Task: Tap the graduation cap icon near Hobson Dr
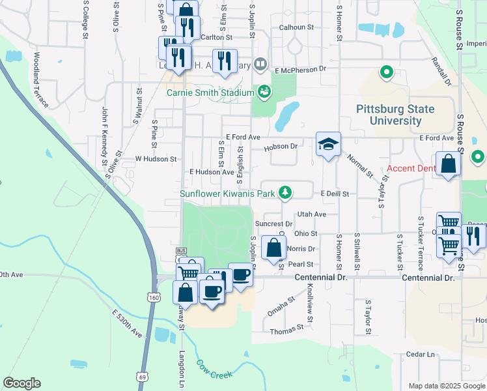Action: [x=328, y=145]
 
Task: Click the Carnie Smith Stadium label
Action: [x=210, y=93]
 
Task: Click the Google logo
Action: [x=21, y=383]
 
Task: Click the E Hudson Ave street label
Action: [x=211, y=172]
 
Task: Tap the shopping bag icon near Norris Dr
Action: [x=274, y=248]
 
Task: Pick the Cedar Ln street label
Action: [x=420, y=355]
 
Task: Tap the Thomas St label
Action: [x=287, y=332]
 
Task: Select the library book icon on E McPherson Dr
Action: [x=260, y=64]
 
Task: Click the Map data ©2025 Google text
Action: [x=446, y=386]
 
